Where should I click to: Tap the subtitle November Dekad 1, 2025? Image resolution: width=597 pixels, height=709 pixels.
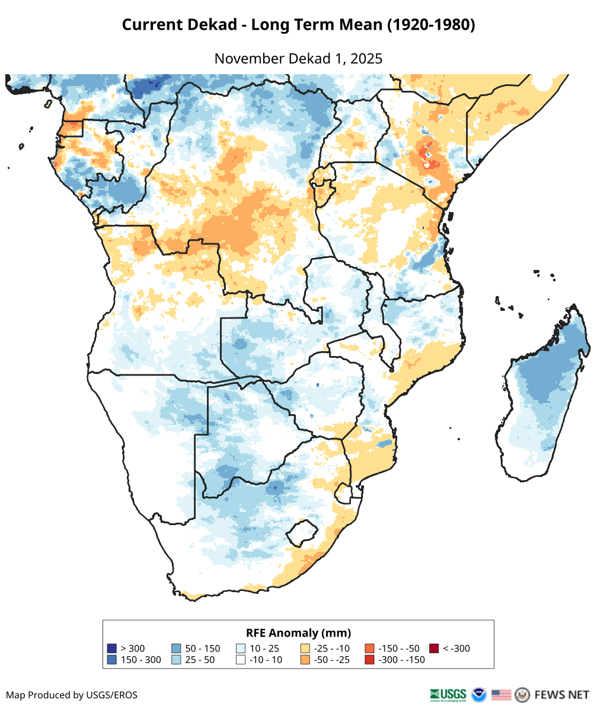298,59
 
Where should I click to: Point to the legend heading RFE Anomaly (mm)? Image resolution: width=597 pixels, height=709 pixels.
298,632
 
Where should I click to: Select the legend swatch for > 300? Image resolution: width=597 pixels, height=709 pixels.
111,648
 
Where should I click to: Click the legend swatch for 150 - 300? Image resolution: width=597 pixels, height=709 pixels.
111,660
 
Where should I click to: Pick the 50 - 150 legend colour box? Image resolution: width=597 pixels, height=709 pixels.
176,648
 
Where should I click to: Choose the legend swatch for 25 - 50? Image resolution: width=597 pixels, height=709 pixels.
176,660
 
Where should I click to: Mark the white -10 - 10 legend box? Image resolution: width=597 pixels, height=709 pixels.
241,660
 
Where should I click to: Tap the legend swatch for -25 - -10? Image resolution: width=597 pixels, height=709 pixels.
305,648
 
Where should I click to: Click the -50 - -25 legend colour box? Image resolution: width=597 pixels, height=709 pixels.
305,660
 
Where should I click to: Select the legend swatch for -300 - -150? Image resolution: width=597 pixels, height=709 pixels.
369,660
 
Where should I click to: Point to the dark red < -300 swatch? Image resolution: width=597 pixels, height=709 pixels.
434,648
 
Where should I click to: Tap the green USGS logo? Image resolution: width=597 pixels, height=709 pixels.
449,694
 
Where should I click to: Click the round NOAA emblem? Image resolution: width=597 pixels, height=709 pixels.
478,694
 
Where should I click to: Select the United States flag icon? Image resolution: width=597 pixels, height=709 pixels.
501,694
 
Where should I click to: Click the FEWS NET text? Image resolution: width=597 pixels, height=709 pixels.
562,694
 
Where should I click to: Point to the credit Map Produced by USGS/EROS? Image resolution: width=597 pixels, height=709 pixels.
72,695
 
